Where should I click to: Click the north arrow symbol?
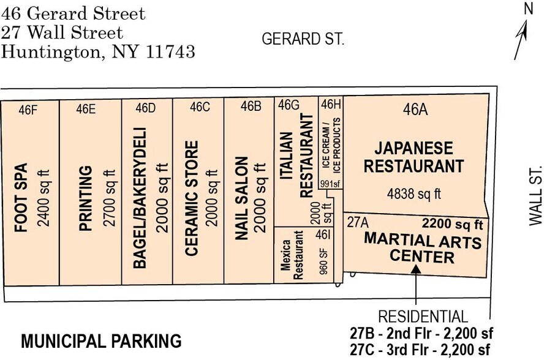coord(522,37)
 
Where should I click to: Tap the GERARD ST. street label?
coord(303,39)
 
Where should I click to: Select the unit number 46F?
coord(28,110)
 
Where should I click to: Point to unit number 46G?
coord(289,105)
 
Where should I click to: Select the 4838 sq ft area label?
coord(414,195)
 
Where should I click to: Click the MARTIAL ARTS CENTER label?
coord(423,248)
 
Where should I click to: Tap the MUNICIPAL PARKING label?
coord(101,341)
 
